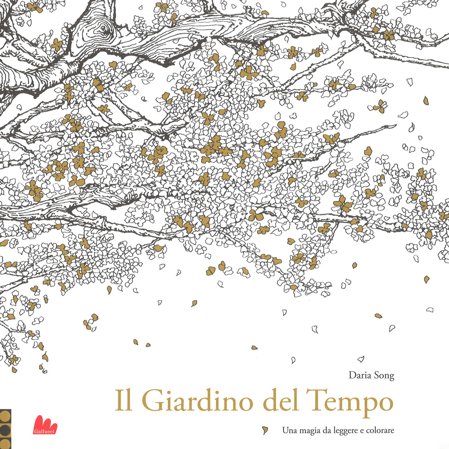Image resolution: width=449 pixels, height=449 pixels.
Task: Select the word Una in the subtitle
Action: coord(290,430)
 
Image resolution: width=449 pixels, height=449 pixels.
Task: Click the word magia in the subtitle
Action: coord(313,431)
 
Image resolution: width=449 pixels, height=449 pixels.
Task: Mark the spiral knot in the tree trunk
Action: coord(104,31)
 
